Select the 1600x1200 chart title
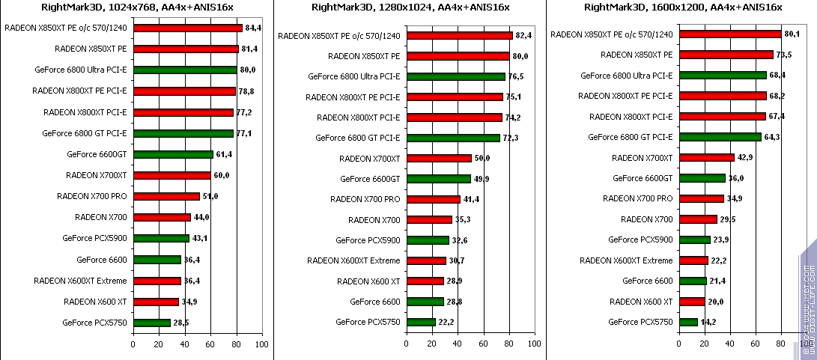click(x=682, y=7)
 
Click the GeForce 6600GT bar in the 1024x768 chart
click(x=173, y=155)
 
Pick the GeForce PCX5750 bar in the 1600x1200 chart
click(x=688, y=322)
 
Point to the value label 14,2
click(x=708, y=323)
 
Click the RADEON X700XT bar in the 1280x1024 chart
click(x=439, y=158)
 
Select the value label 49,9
click(x=482, y=179)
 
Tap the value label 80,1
click(x=792, y=34)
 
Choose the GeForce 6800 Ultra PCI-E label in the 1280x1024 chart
click(x=354, y=76)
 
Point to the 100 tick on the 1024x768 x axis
click(x=261, y=344)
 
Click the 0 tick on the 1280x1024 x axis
click(x=407, y=344)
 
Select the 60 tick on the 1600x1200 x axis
click(x=756, y=344)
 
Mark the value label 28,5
click(x=181, y=323)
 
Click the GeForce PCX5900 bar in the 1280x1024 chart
click(x=428, y=240)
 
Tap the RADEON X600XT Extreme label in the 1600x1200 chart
click(x=626, y=260)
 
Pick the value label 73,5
click(x=784, y=55)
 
